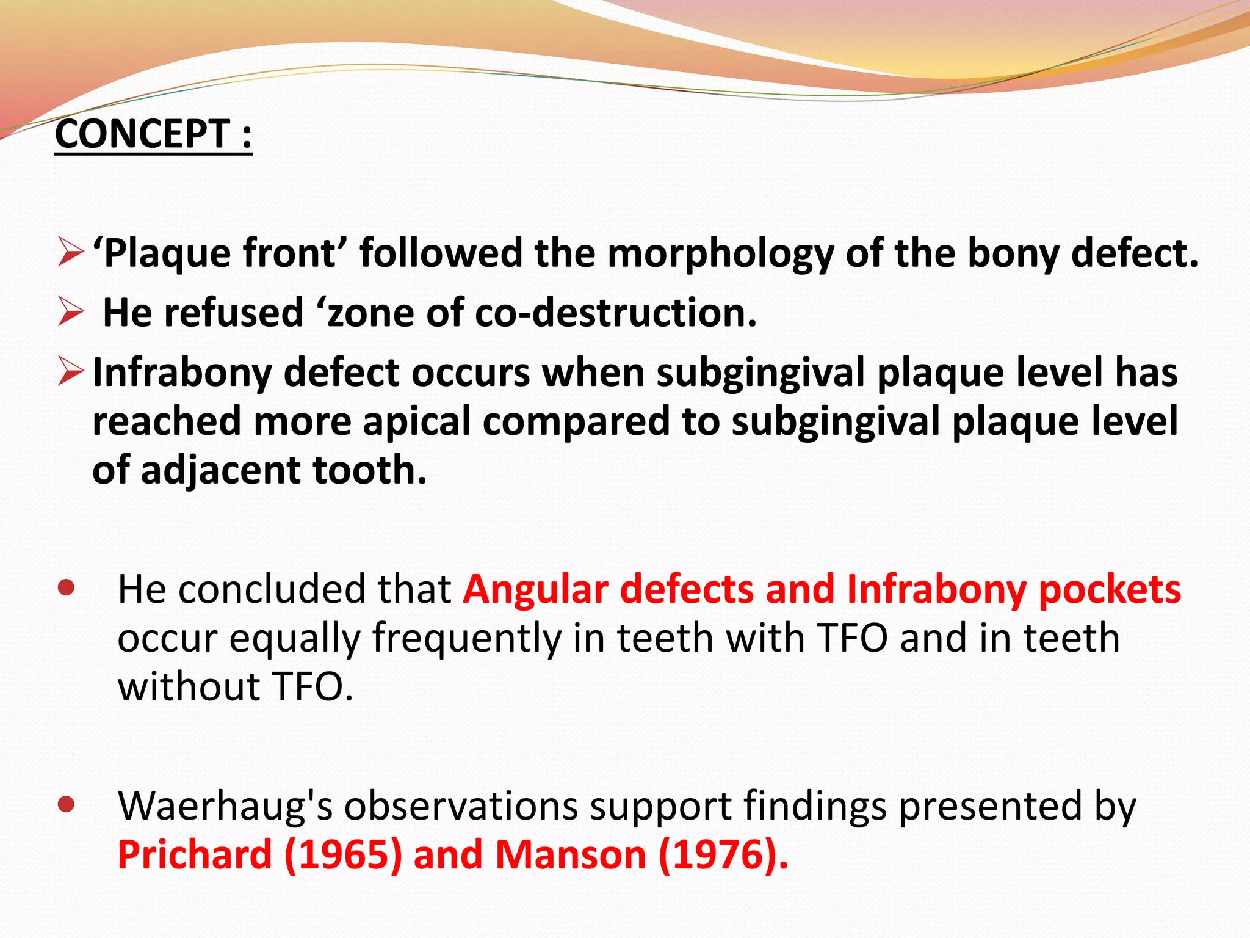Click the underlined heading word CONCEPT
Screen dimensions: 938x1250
(x=142, y=134)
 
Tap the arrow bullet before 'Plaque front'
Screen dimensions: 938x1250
(x=70, y=253)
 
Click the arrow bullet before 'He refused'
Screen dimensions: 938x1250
(x=70, y=312)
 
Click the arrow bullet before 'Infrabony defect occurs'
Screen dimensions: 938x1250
(x=70, y=372)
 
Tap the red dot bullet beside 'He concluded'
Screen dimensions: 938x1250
(x=65, y=588)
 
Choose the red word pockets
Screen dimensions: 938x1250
(x=1110, y=589)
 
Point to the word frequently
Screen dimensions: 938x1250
(x=467, y=638)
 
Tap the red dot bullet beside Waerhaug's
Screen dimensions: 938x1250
(x=65, y=804)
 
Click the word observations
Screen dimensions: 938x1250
(x=461, y=806)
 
